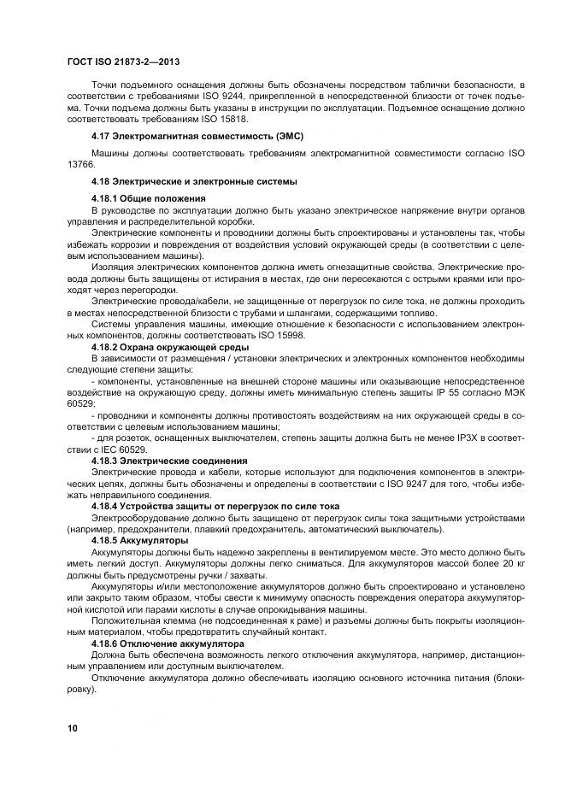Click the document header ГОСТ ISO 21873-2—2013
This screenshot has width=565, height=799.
pos(122,62)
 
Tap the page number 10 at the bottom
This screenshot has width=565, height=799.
pos(73,727)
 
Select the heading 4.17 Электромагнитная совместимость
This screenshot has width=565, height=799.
pos(197,136)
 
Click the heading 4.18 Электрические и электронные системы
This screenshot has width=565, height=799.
pos(194,181)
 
